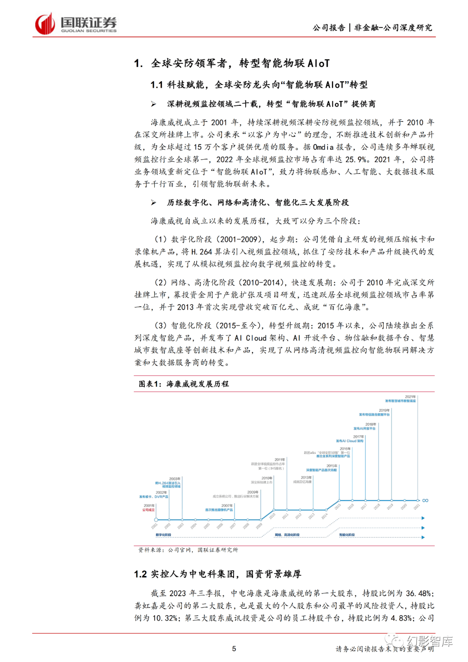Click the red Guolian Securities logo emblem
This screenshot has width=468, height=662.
tap(45, 24)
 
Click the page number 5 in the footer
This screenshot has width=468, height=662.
tap(234, 649)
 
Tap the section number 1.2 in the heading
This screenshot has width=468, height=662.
tap(140, 574)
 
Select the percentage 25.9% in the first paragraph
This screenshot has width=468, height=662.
tap(356, 159)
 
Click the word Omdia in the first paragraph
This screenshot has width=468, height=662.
tap(323, 147)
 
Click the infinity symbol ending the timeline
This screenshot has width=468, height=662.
tap(425, 500)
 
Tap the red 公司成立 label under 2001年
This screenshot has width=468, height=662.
tap(149, 510)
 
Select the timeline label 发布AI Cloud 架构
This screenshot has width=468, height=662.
tap(350, 441)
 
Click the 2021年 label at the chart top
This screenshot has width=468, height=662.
tap(410, 397)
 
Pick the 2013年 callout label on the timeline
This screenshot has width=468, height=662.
tap(306, 478)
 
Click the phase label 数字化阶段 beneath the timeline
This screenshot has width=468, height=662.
tap(163, 535)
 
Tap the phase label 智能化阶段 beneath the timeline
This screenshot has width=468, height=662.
tap(347, 535)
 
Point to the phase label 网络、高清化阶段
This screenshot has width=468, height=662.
tap(287, 535)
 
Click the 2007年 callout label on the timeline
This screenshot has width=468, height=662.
tap(227, 505)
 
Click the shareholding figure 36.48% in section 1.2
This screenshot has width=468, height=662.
tap(419, 593)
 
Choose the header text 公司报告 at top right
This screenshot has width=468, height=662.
tap(329, 28)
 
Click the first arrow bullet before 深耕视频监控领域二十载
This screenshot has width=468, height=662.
tap(153, 104)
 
